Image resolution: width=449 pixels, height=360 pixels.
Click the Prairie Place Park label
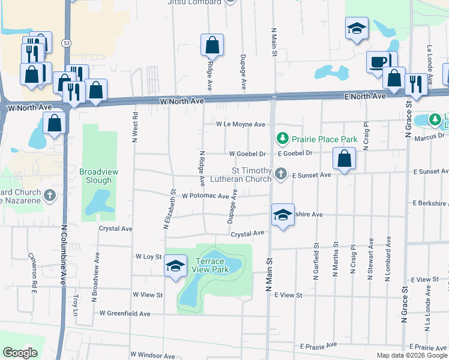324,139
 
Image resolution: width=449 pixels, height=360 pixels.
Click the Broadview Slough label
99,176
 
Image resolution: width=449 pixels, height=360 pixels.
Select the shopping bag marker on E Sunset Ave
345,159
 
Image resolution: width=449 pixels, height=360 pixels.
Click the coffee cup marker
378,62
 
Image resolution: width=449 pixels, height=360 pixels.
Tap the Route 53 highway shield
65,43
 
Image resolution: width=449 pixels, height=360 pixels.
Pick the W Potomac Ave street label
206,196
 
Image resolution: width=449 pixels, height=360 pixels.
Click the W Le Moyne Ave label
241,125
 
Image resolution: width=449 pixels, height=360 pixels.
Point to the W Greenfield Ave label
125,313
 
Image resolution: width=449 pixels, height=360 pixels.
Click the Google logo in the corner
20,353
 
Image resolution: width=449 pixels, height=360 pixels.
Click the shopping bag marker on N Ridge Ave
212,44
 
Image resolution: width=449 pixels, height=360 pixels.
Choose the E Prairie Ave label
319,346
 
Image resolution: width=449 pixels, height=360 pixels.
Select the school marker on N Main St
282,215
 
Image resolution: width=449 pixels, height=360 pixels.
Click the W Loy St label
149,256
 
